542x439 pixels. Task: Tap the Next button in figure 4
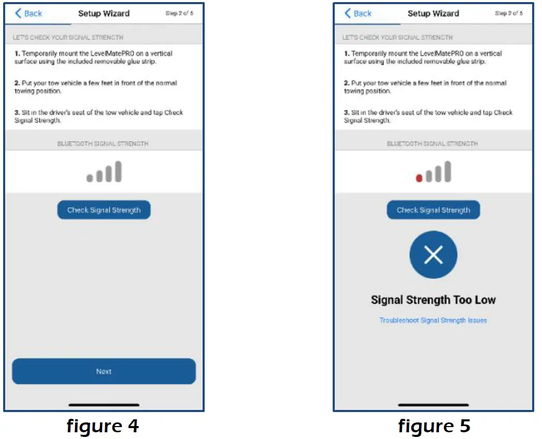pos(104,371)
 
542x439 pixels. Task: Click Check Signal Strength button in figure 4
pos(104,210)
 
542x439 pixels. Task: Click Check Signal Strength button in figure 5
pos(433,210)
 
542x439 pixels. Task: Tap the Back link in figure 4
pos(29,13)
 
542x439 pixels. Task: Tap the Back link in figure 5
pos(359,13)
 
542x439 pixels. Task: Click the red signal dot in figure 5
pos(419,178)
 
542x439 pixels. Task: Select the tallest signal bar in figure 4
pos(118,171)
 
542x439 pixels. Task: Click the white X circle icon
pos(433,255)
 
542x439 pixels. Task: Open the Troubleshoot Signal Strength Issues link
pos(433,320)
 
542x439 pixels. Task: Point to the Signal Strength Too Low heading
pos(433,300)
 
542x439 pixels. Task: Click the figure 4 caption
pos(103,426)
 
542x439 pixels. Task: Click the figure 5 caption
pos(434,426)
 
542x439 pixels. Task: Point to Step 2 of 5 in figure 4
pos(179,13)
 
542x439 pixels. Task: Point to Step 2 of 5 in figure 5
pos(509,13)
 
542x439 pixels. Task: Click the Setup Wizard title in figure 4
pos(104,13)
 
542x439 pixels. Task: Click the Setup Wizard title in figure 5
pos(433,13)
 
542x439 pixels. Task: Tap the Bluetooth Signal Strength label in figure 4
pos(103,144)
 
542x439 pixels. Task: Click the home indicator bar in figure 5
pos(433,405)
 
